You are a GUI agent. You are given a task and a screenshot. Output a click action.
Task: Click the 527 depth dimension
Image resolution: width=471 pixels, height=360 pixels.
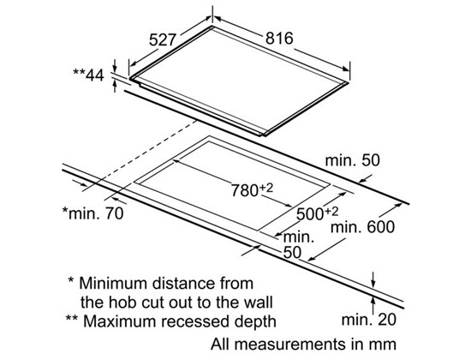click(x=162, y=39)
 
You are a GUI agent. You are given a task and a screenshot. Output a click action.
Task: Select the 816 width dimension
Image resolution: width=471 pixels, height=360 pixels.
click(x=279, y=39)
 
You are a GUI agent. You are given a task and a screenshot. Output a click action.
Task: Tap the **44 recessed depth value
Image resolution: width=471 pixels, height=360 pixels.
click(x=88, y=75)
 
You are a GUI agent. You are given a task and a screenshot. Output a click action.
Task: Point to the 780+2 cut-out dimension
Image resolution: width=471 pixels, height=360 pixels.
click(x=252, y=189)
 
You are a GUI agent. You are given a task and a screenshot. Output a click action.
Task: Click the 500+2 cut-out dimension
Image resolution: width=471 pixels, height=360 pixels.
click(x=317, y=213)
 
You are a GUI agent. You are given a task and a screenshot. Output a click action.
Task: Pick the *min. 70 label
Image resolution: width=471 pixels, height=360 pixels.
click(x=92, y=213)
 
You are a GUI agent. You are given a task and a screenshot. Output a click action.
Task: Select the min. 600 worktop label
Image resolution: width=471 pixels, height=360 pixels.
click(x=362, y=227)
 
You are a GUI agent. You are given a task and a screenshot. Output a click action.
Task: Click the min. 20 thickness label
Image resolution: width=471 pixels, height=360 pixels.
click(x=369, y=320)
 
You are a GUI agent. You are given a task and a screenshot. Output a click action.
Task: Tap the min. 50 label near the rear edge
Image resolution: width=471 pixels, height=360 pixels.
click(x=352, y=160)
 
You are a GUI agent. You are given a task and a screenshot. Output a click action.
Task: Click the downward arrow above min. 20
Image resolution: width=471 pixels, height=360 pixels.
click(x=373, y=279)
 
